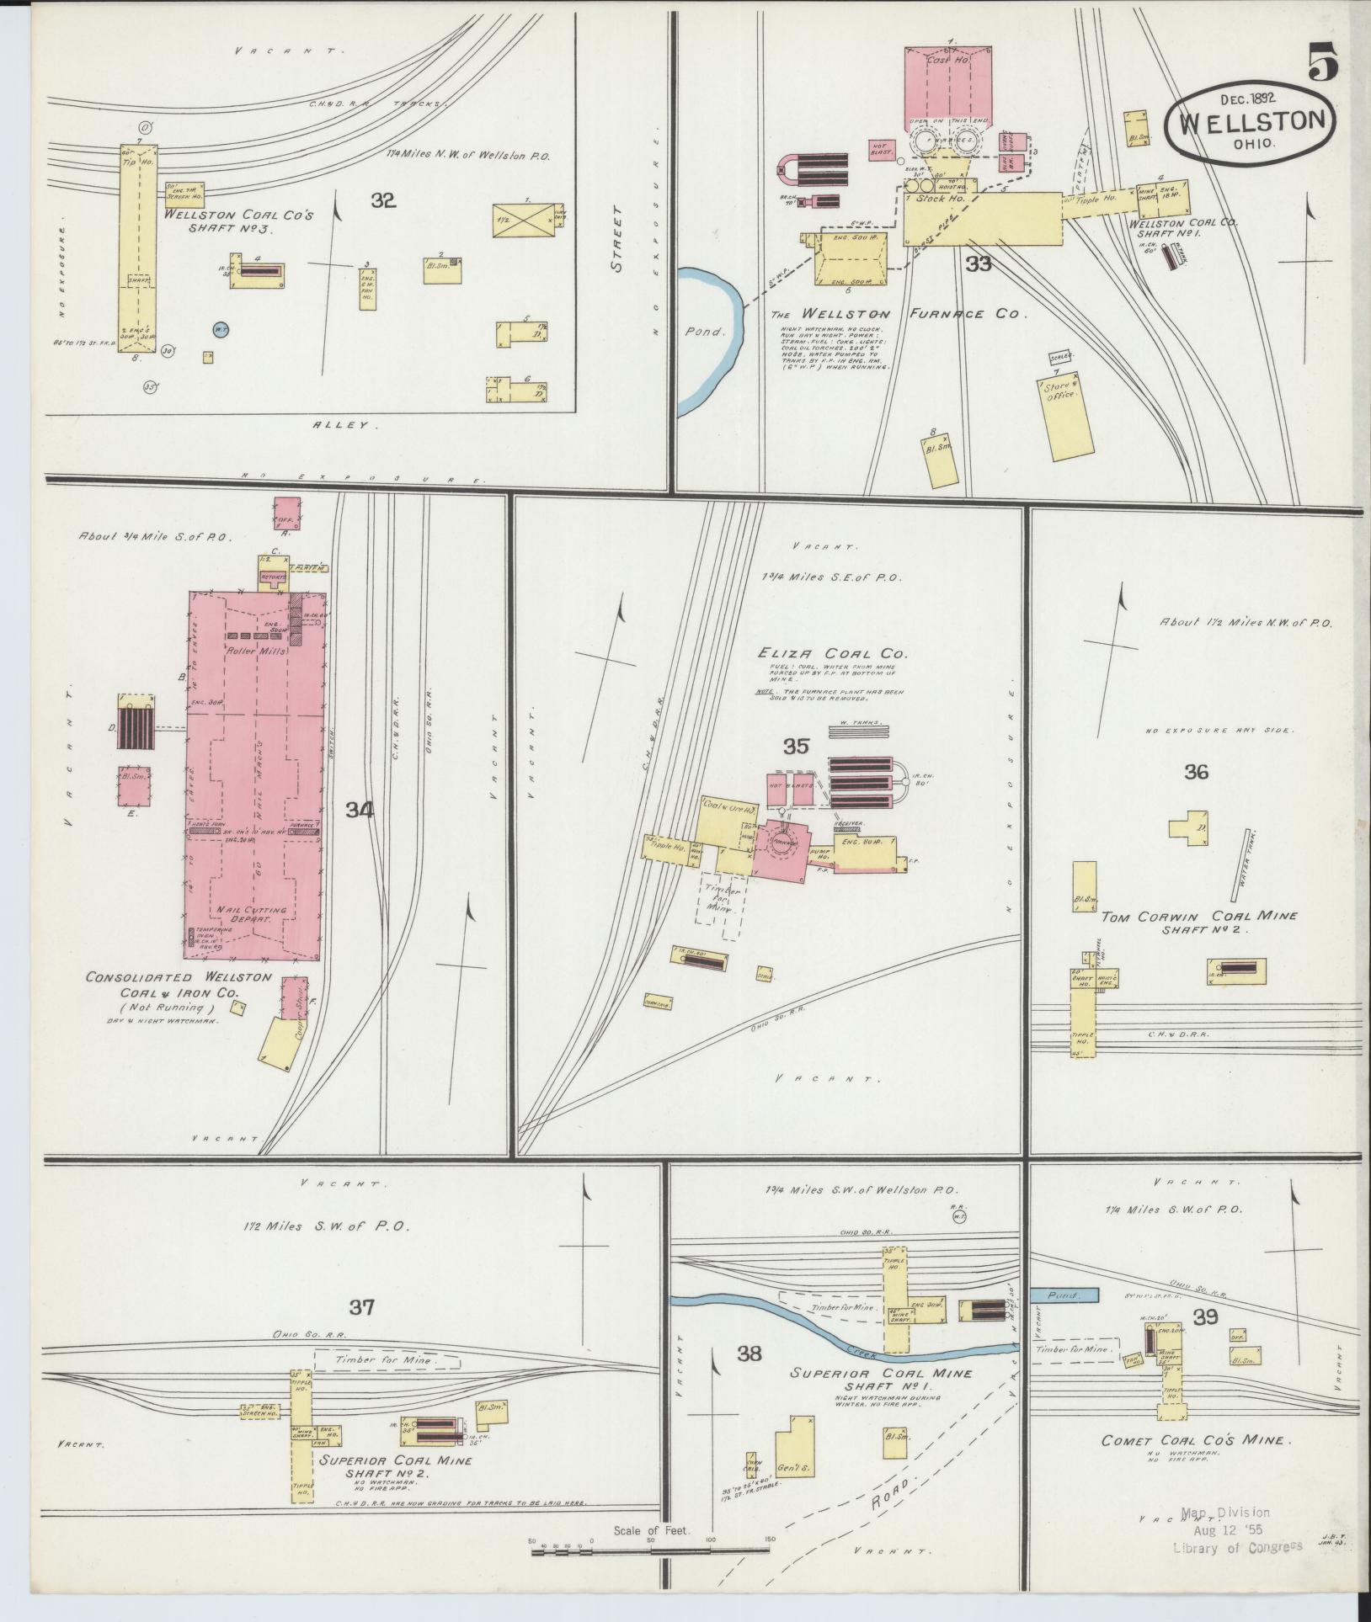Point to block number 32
383,200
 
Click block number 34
360,810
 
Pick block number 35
796,745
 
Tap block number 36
1196,771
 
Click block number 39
1205,1317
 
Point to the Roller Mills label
256,651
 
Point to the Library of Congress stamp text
1237,1545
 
